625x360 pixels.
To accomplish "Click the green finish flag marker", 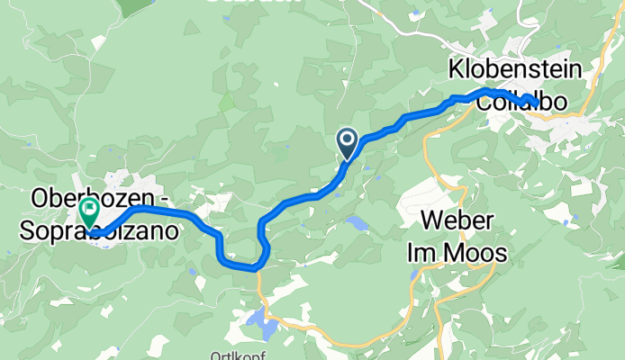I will (x=90, y=212).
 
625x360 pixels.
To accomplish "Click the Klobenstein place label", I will (x=516, y=70).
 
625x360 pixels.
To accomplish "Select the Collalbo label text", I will (x=522, y=103).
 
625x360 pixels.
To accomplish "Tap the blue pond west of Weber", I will (x=358, y=221).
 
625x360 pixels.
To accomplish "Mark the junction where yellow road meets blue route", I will (x=258, y=267).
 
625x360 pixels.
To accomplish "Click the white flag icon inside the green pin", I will (x=90, y=209).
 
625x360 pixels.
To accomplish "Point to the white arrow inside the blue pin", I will (x=347, y=139).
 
